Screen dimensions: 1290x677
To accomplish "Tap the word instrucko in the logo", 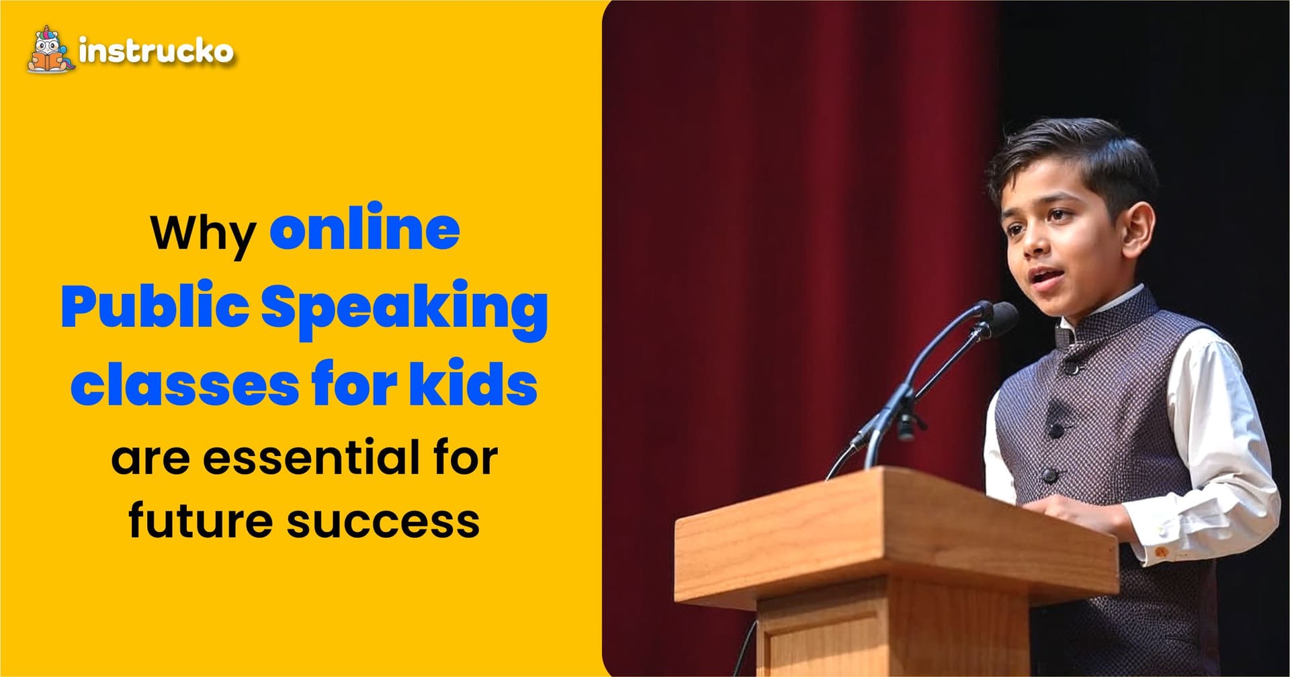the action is click(156, 51).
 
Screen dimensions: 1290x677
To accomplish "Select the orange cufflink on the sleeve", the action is click(1160, 551).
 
